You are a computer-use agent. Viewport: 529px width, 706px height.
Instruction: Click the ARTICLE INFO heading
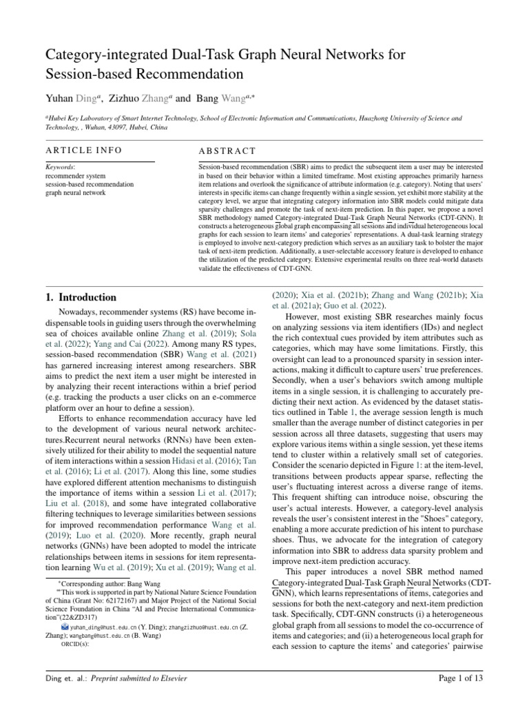84,150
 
